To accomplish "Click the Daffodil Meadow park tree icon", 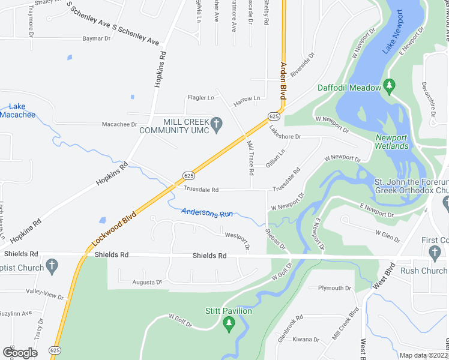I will (389, 88).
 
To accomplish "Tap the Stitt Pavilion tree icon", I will (228, 324).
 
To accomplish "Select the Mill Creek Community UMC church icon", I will (218, 125).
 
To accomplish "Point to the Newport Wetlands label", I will (391, 142).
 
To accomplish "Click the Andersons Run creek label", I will (207, 212).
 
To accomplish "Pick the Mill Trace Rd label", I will (251, 158).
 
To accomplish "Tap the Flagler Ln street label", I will (201, 98).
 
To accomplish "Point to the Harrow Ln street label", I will (247, 98).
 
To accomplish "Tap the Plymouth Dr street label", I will (334, 288).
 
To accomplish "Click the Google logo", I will (20, 352).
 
